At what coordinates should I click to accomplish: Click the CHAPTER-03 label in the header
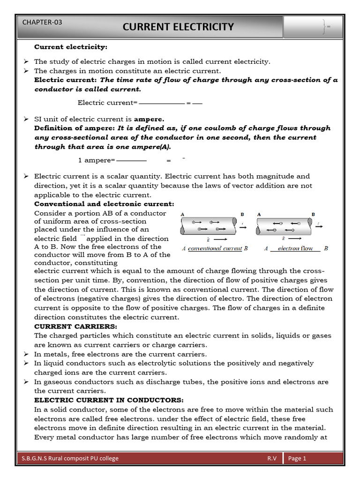[x=42, y=22]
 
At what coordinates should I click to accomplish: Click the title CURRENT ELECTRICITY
[x=178, y=27]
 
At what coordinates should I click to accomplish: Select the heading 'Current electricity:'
[x=71, y=47]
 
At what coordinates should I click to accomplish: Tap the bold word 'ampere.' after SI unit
[x=149, y=119]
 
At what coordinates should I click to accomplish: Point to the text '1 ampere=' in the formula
[x=96, y=160]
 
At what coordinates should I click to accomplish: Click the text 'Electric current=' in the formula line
[x=107, y=102]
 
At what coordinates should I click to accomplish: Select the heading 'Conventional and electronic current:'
[x=104, y=204]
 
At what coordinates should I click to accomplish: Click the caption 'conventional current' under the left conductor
[x=215, y=248]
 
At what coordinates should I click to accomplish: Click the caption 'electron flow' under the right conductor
[x=295, y=248]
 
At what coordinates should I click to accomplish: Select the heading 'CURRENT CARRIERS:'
[x=75, y=326]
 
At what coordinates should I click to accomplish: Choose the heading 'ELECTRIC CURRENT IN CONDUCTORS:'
[x=109, y=400]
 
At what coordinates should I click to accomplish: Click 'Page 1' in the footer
[x=297, y=458]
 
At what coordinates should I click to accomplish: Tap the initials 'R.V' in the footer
[x=272, y=458]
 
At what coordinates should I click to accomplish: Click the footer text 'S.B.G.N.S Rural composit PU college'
[x=70, y=458]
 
